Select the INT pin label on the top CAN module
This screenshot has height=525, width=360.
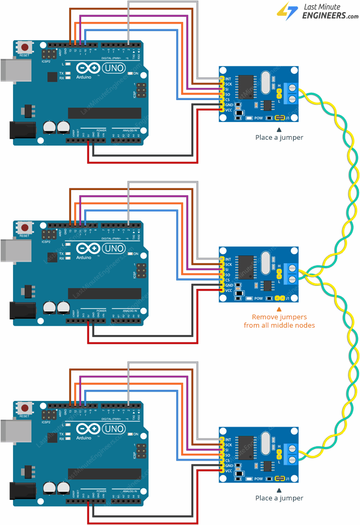click(228, 79)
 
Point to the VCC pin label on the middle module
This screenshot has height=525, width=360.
click(229, 291)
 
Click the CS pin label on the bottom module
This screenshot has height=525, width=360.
click(228, 461)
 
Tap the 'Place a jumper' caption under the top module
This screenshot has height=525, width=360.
click(279, 137)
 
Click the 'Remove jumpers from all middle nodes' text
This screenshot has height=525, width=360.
click(279, 321)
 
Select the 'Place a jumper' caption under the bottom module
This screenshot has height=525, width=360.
click(279, 498)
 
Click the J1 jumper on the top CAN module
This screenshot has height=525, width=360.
click(280, 118)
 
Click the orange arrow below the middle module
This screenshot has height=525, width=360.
click(279, 310)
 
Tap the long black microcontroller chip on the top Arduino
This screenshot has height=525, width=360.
click(104, 114)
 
